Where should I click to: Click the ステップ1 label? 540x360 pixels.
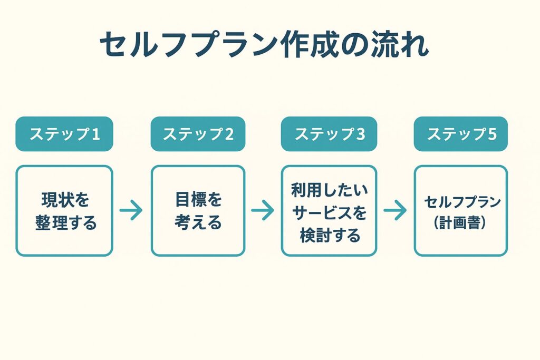64,134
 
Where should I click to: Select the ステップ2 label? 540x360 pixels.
198,134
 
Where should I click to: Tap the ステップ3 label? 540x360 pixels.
329,134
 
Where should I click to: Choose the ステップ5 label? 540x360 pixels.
461,134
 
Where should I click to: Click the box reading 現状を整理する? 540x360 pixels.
64,211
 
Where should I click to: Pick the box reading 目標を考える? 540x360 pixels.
198,211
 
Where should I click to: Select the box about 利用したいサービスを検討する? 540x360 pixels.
329,211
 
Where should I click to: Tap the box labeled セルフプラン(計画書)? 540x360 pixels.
461,211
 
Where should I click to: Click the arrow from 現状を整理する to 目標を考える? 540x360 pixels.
131,211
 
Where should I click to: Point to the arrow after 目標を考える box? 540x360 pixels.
263,211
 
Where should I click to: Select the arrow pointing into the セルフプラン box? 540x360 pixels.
395,211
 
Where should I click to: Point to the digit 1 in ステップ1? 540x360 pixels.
95,134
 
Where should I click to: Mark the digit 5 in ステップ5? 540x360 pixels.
492,134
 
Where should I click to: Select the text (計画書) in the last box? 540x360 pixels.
461,222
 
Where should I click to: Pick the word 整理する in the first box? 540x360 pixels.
66,222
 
